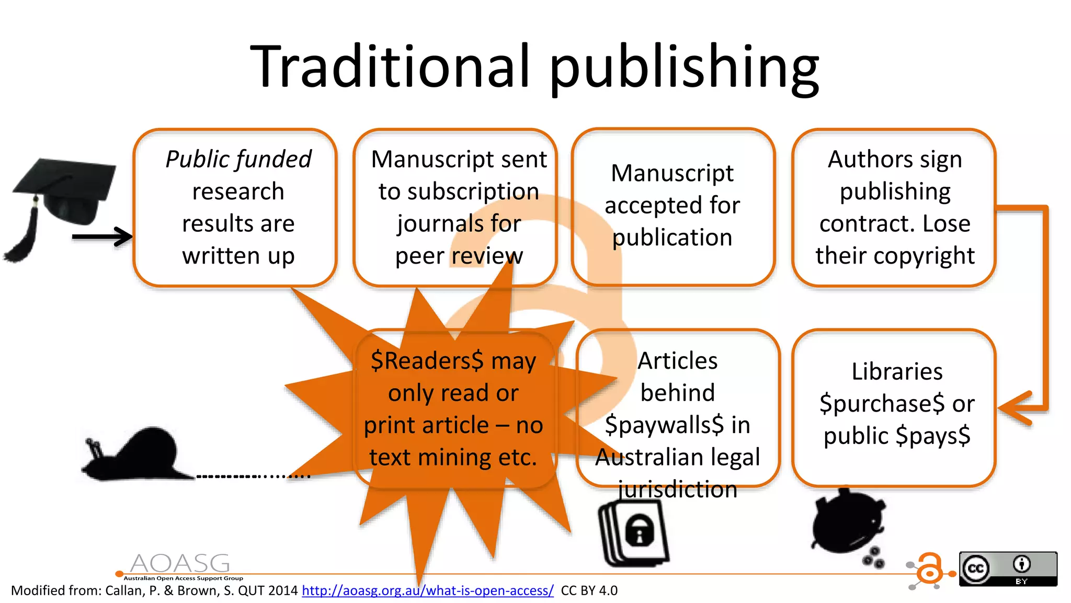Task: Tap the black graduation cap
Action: pos(63,194)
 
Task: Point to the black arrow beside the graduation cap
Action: pos(102,237)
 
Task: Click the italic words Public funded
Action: pos(238,159)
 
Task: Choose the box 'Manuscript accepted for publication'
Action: pos(673,207)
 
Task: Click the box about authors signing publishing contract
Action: pos(894,208)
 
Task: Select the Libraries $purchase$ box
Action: pos(894,408)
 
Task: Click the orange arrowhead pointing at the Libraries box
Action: pos(1015,408)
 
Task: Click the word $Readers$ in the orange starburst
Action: pos(427,361)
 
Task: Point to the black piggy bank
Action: pos(847,523)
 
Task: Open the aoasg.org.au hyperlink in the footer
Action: pos(427,590)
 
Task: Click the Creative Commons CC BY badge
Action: pos(1008,568)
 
